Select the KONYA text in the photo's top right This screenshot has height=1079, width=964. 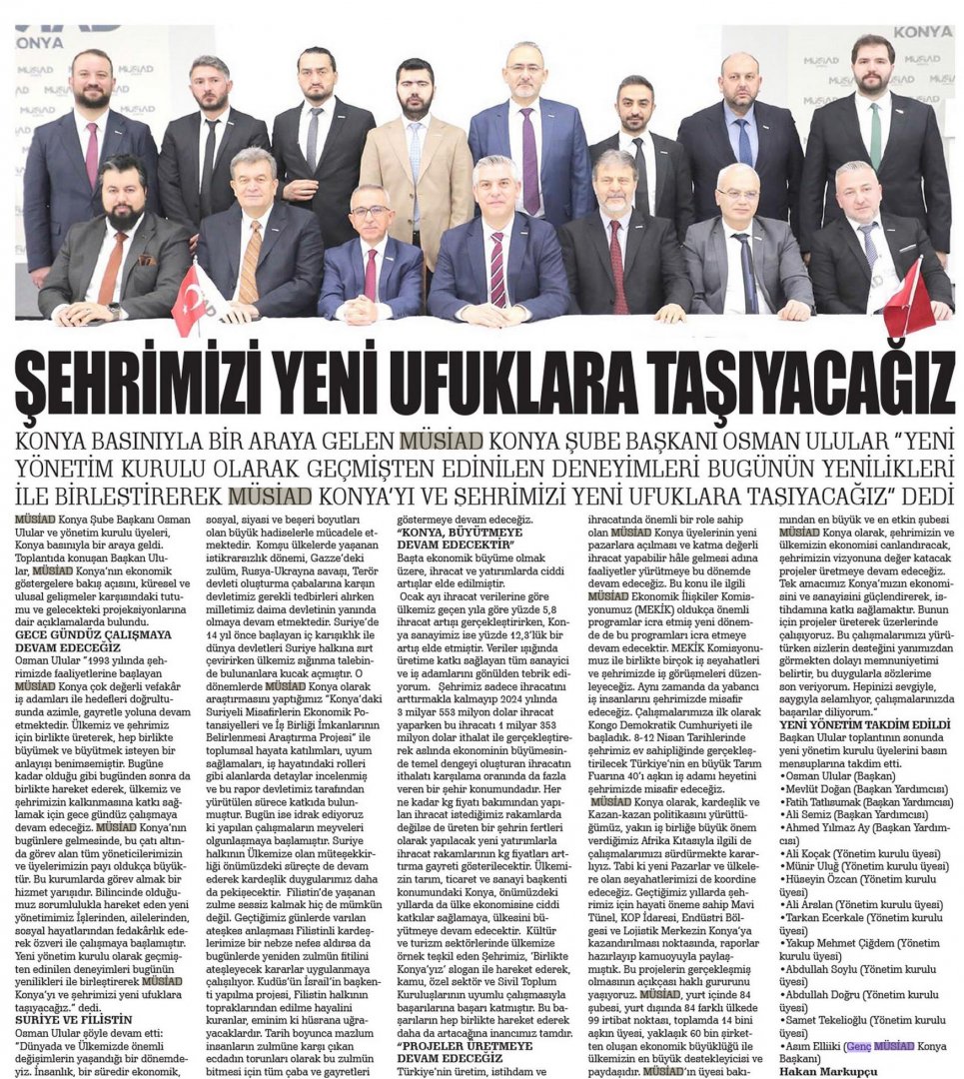pos(923,32)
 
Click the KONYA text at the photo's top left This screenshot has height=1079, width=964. pos(40,43)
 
